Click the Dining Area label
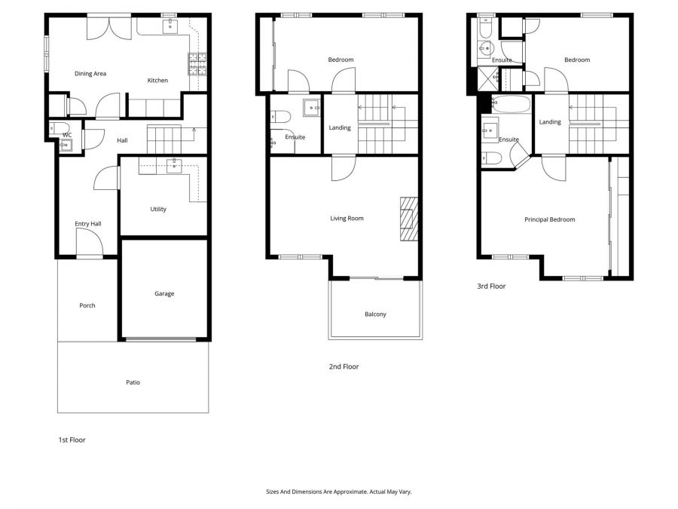(90, 74)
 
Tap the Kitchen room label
(157, 81)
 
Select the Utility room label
(158, 210)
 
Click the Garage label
(164, 294)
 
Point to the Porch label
(87, 306)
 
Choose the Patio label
(133, 382)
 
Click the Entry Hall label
(87, 224)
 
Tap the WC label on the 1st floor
(67, 136)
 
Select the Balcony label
(375, 314)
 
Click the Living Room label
(347, 219)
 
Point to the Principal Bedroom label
(550, 220)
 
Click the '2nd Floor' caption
(344, 367)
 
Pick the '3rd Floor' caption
(490, 287)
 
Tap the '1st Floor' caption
(72, 440)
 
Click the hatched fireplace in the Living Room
(408, 219)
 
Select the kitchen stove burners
(197, 65)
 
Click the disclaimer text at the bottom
(339, 492)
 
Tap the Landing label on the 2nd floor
(340, 128)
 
